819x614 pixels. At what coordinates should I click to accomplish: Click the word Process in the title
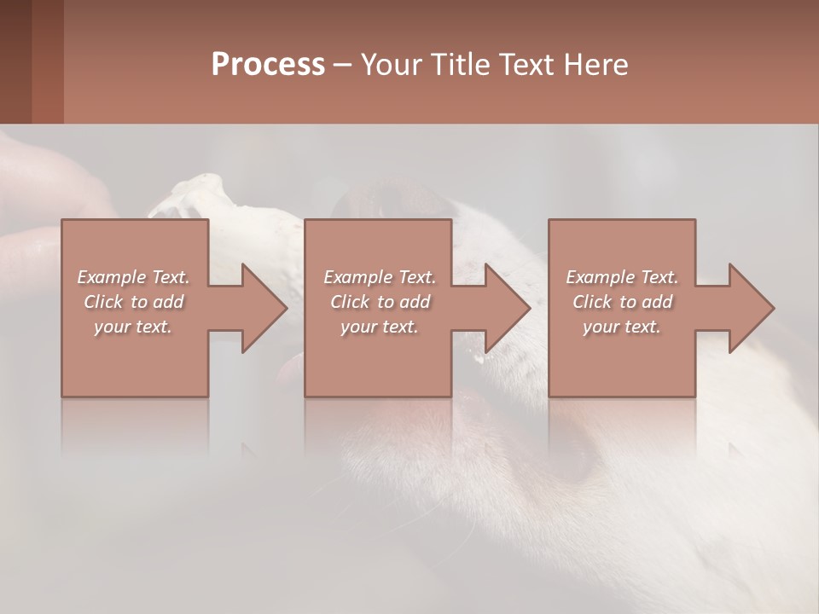pos(268,65)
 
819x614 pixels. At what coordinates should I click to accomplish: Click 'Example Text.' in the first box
pos(133,277)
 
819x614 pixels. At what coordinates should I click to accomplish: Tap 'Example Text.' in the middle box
pos(380,277)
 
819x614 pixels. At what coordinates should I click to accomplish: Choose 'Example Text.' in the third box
pos(622,277)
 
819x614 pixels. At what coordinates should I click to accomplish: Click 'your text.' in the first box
pos(133,327)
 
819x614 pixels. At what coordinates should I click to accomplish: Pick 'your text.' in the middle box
pos(380,327)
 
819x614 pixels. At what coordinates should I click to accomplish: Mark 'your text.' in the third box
pos(622,327)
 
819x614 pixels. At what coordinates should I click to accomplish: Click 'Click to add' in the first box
pos(133,302)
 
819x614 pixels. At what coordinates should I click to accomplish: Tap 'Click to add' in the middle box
pos(380,302)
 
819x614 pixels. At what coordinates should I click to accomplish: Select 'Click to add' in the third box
pos(622,302)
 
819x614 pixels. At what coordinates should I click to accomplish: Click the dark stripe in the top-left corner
pos(15,61)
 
